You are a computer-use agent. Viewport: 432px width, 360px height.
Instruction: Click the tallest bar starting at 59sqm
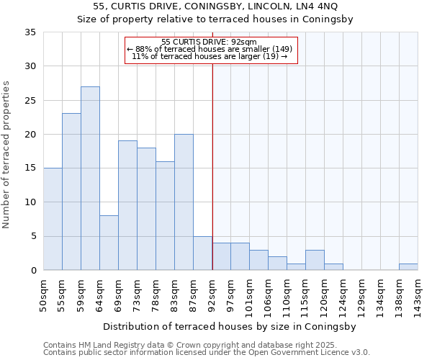tap(90, 179)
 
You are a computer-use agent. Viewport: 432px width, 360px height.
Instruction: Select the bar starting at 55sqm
tap(71, 192)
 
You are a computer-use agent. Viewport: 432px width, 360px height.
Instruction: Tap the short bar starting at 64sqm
tap(109, 243)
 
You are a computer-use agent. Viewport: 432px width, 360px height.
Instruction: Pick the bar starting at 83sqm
tap(184, 202)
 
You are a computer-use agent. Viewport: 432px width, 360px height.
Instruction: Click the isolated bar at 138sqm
tap(408, 267)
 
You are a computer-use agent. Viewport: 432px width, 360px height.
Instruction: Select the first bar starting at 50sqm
tap(53, 219)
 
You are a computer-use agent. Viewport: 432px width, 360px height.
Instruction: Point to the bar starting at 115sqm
tap(315, 260)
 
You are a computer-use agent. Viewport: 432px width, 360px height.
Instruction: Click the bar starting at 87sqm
tap(202, 253)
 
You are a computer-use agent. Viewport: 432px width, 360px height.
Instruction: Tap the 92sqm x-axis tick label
tap(212, 294)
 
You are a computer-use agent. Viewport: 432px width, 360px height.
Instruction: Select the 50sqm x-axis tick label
tap(43, 294)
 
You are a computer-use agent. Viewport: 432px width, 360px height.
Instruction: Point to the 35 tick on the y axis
tap(30, 32)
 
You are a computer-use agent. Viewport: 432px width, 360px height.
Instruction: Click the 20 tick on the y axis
tap(30, 135)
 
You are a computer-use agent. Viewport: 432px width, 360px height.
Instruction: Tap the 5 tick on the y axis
tap(33, 237)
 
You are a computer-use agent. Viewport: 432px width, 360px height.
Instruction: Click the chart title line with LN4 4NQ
tap(215, 6)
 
